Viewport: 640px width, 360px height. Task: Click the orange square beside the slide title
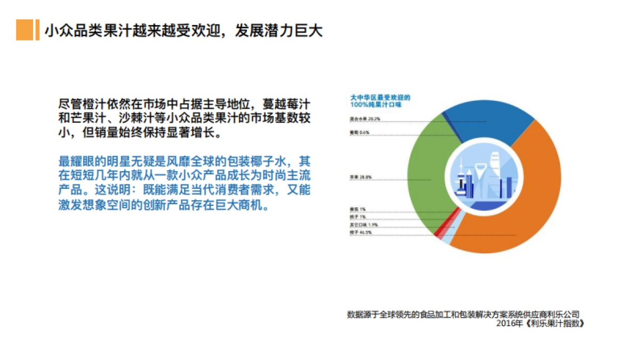[24, 30]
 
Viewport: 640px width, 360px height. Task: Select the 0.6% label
[365, 132]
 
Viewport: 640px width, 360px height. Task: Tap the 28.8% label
[365, 177]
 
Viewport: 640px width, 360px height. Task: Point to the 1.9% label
[371, 226]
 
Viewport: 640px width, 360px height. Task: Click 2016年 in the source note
[506, 323]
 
